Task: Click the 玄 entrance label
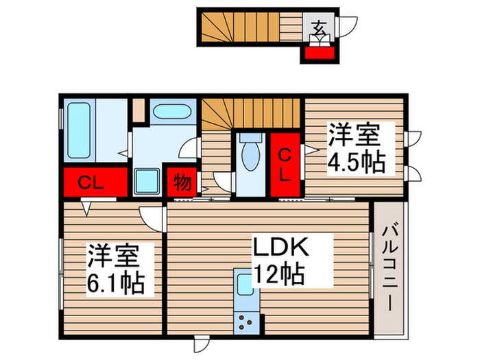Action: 320,28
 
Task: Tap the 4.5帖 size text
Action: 355,163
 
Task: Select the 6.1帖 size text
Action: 115,282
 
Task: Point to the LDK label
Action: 283,248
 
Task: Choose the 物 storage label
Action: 182,183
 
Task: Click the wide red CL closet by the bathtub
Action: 96,182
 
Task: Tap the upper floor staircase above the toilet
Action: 252,113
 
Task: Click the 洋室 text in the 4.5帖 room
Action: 354,135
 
